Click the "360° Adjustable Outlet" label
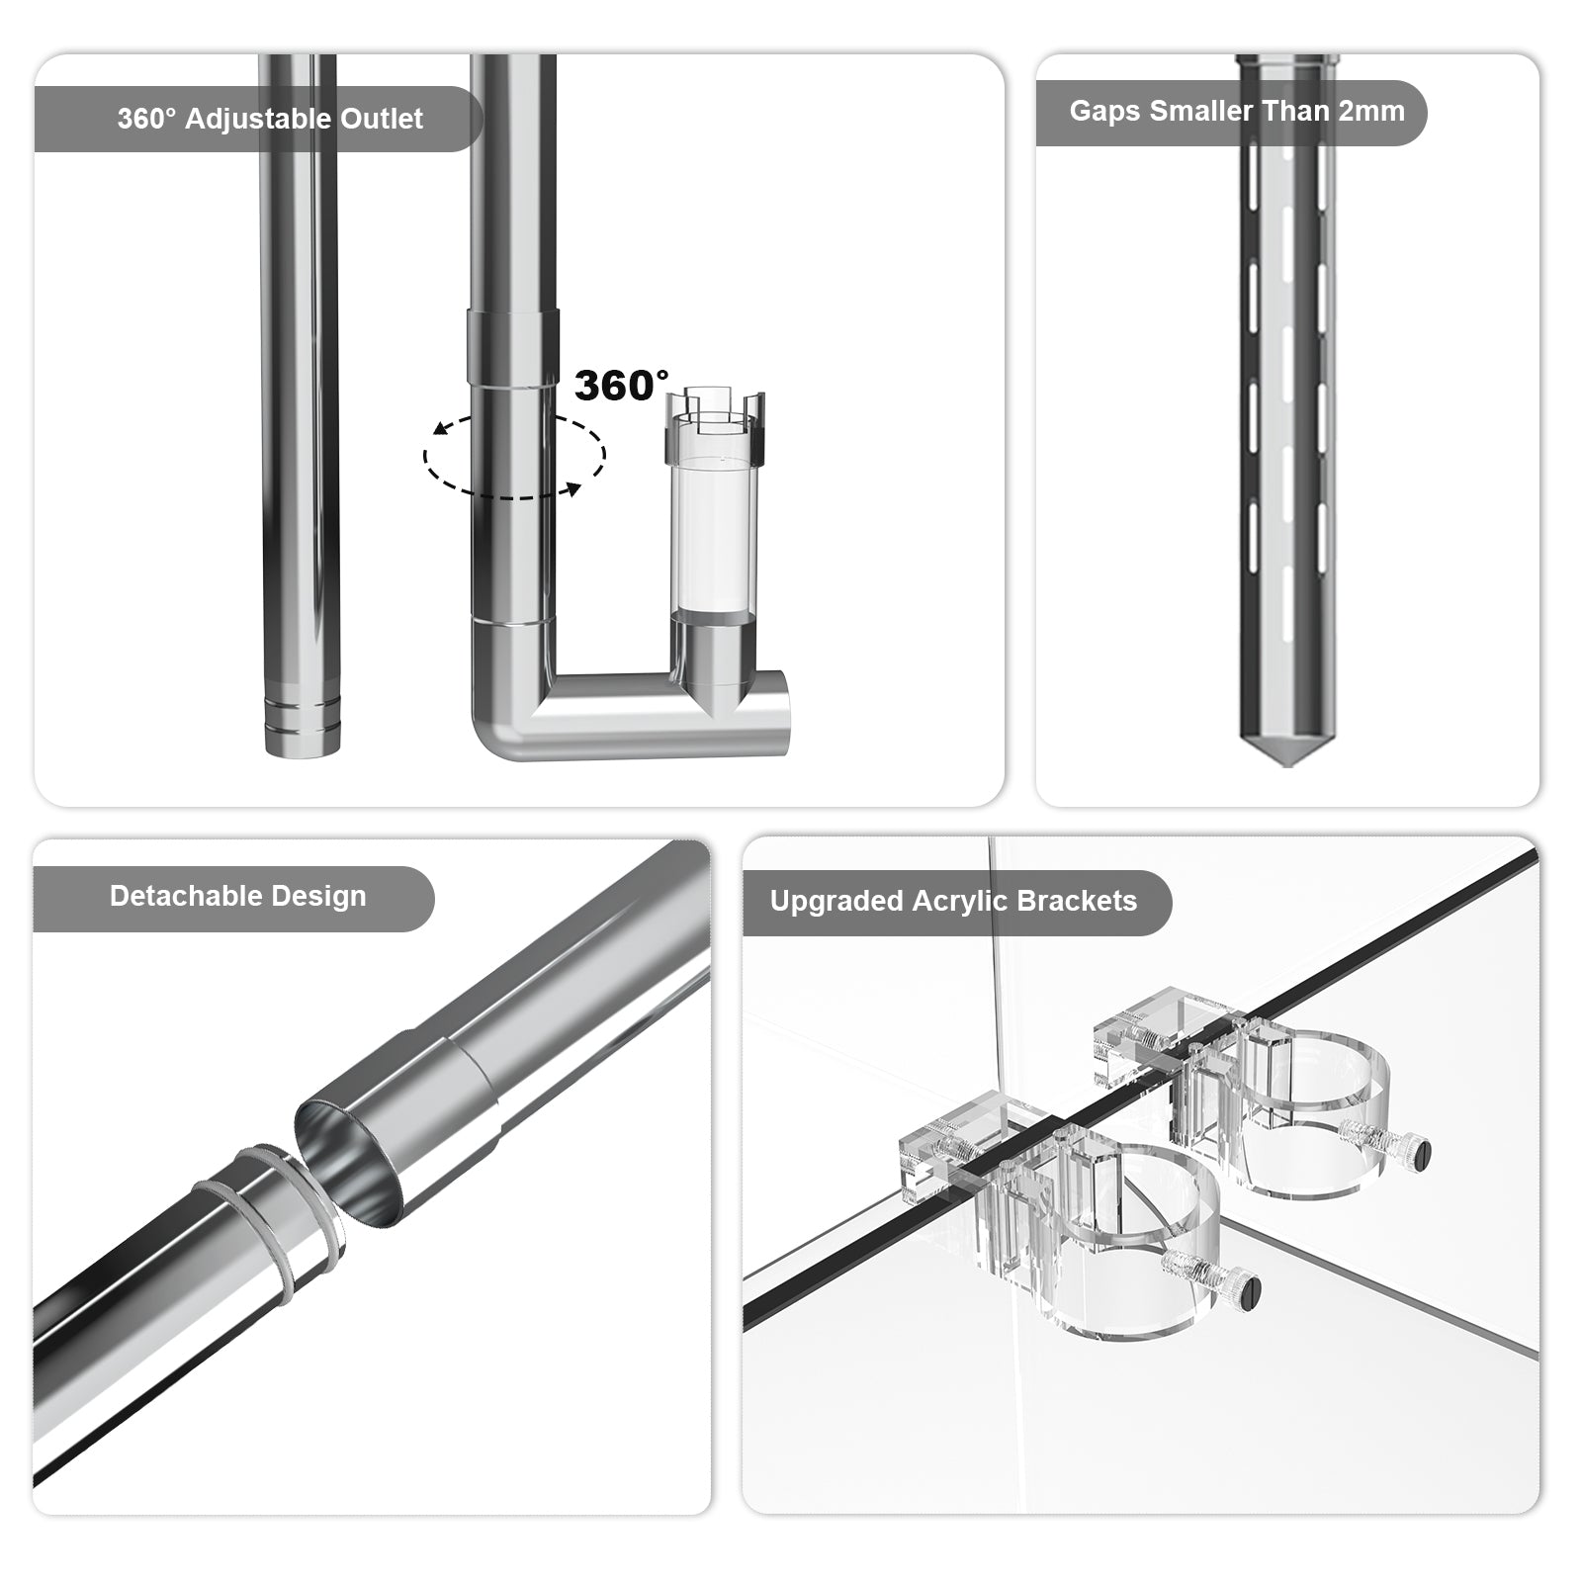pos(270,119)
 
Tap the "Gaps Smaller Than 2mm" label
pos(1237,111)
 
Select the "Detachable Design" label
pos(238,897)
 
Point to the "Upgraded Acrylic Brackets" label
pos(953,902)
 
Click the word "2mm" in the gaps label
pos(1370,111)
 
